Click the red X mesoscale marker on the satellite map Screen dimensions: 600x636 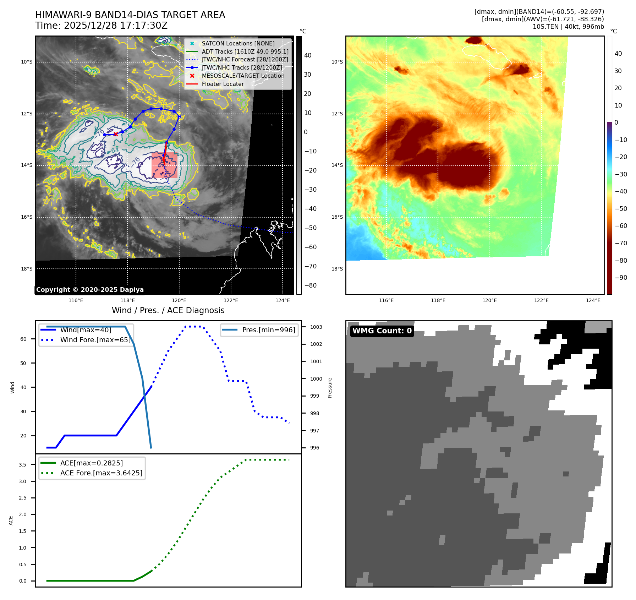116,134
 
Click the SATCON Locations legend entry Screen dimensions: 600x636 238,44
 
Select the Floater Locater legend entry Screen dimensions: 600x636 223,84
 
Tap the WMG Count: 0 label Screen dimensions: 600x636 382,331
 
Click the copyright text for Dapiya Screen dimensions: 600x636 90,290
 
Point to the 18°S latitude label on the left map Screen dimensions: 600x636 27,269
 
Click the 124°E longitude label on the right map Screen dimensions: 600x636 593,300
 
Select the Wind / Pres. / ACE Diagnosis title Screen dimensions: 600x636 168,310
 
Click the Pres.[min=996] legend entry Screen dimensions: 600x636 268,330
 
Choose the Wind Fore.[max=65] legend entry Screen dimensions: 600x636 95,340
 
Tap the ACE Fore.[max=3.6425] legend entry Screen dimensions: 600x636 101,473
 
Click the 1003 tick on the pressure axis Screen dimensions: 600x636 316,327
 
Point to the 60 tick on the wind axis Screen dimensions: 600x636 23,339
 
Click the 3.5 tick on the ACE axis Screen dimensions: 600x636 23,465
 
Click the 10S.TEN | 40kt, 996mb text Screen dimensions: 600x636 568,27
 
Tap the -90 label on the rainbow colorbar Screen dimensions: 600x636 621,278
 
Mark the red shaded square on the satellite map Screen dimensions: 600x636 164,165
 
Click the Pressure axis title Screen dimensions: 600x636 330,388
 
